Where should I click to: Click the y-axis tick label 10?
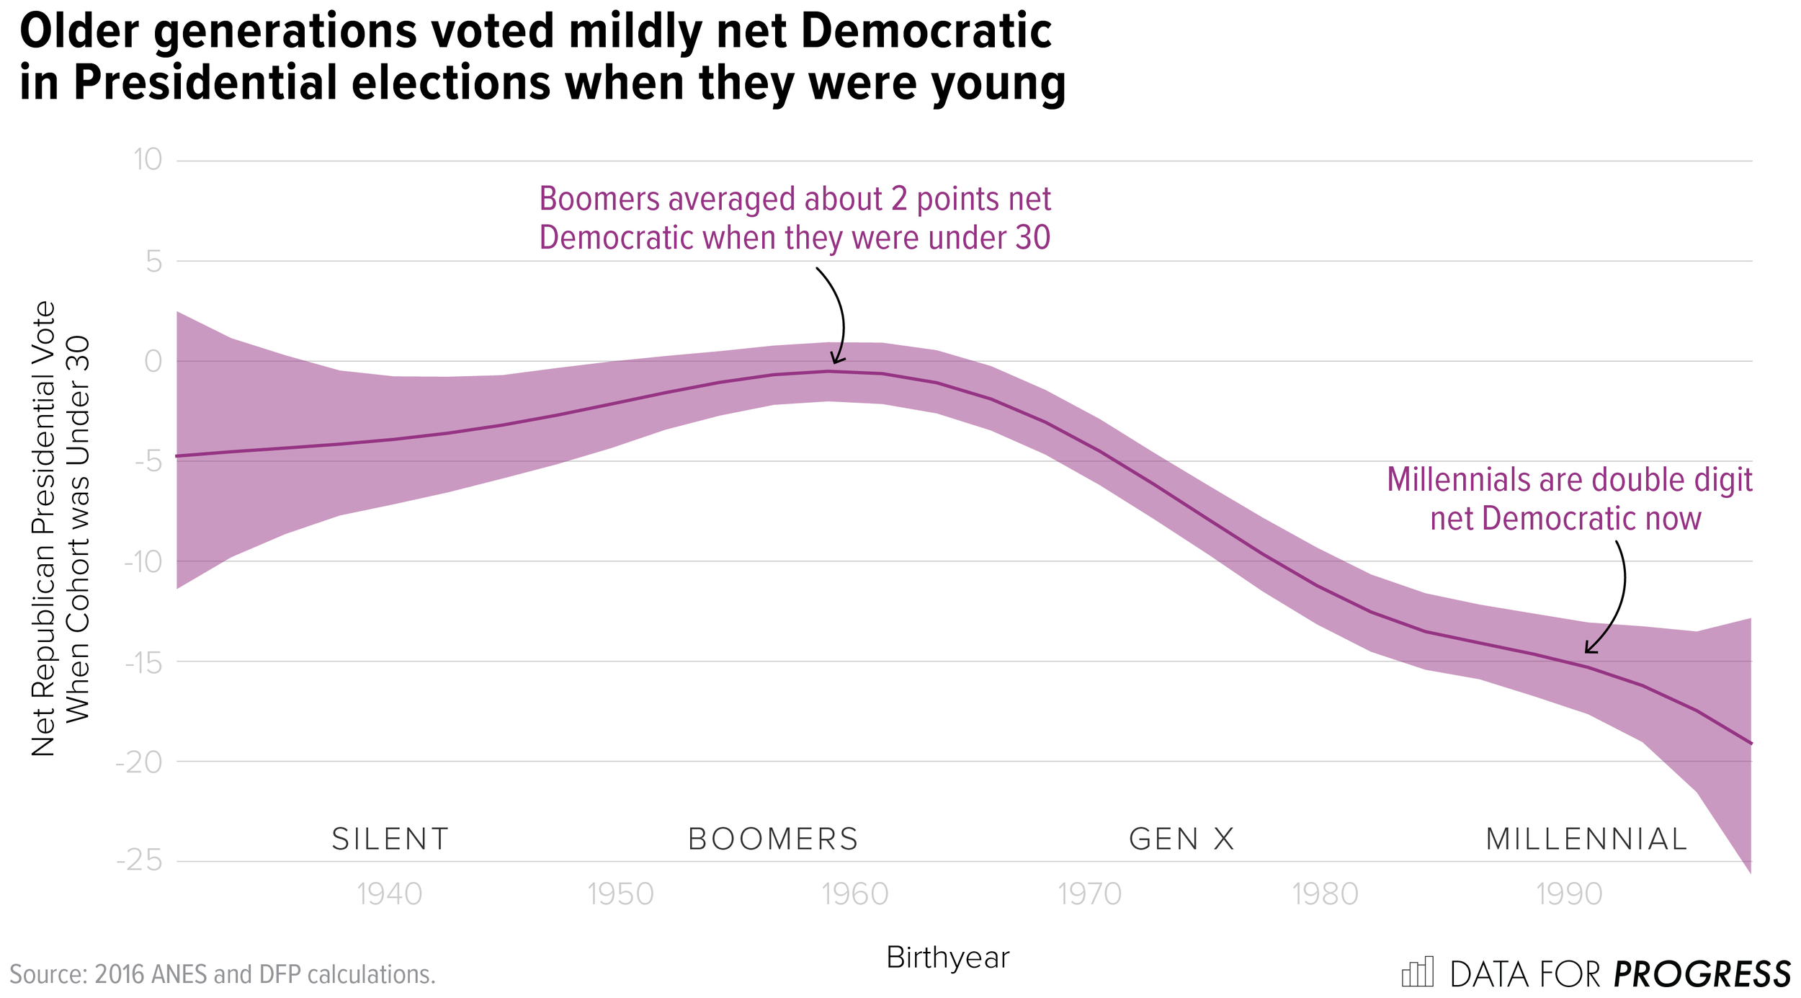148,160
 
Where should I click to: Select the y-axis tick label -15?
143,661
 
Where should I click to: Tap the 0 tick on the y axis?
153,361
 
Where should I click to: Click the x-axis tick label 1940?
390,895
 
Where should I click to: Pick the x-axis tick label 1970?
1089,895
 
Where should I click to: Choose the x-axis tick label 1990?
1569,895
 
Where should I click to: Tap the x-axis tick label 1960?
855,895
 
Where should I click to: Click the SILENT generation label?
390,839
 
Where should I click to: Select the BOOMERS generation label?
773,839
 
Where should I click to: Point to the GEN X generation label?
1181,839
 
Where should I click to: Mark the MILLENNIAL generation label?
1586,839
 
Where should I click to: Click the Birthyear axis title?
947,958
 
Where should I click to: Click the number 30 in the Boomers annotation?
1032,238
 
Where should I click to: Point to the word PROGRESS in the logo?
1702,974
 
